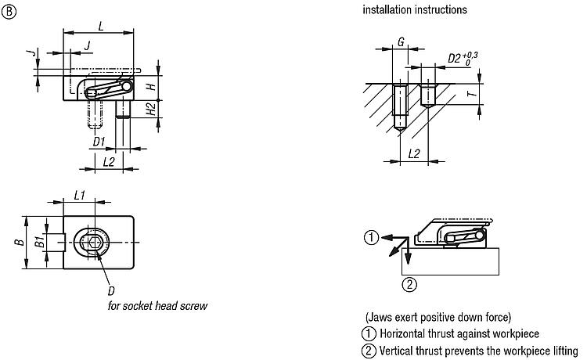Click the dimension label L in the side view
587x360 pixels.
coord(100,25)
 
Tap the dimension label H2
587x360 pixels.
coord(151,110)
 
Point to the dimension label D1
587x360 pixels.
coord(99,142)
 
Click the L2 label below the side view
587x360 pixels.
coord(110,161)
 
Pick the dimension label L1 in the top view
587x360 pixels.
coord(80,194)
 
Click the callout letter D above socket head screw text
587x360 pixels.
coord(111,290)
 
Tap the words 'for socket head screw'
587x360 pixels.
coord(157,306)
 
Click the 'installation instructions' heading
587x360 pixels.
coord(415,11)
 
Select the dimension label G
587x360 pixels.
coord(400,42)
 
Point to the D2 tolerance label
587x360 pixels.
coord(462,58)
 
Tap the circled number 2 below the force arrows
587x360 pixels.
coord(408,284)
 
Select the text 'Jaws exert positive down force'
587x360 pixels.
coord(438,317)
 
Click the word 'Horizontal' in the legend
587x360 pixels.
coord(403,333)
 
